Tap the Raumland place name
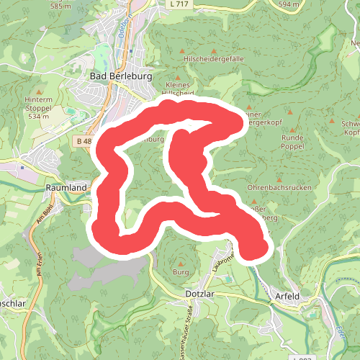(66, 188)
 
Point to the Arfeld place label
(287, 296)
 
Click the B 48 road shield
(83, 141)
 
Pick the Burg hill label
(181, 272)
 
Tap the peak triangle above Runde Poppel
(291, 113)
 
